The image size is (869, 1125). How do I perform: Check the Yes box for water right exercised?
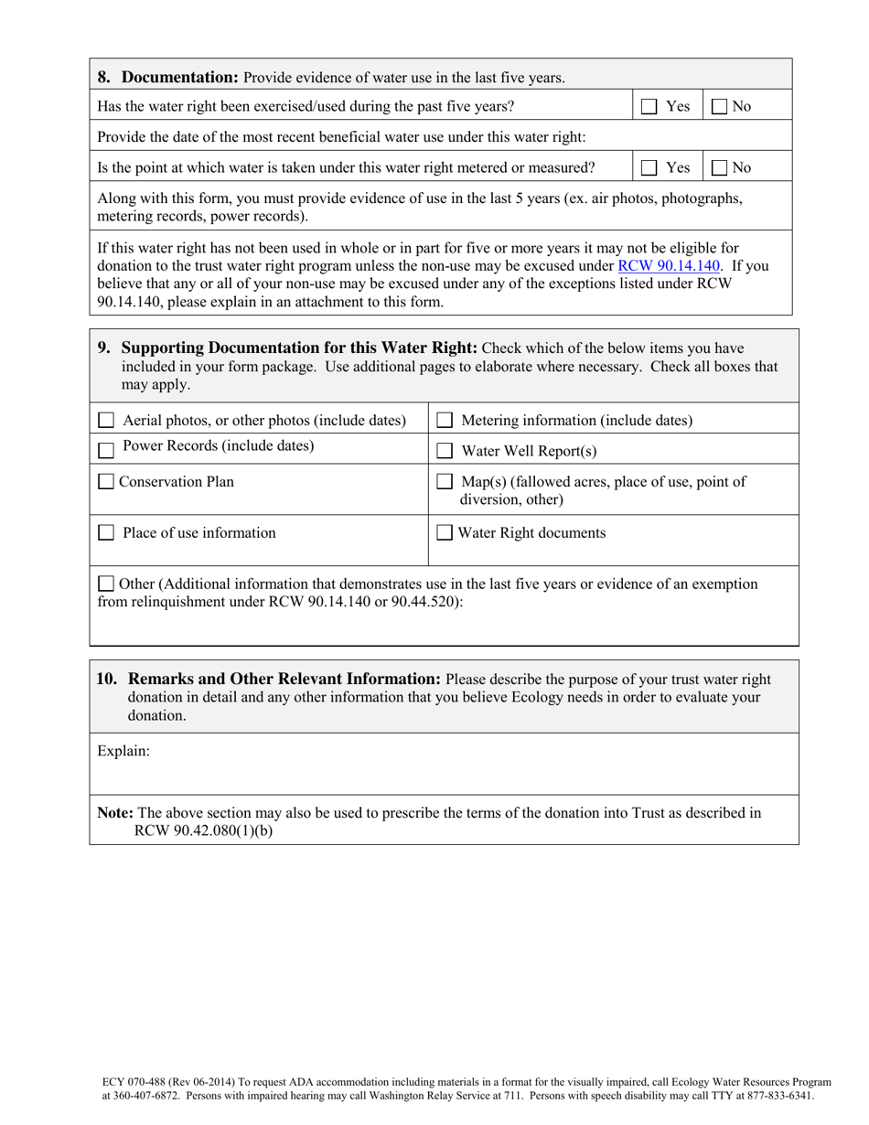(x=649, y=107)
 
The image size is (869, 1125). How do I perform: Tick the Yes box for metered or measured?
(x=649, y=168)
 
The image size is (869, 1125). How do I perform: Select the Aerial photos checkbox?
(x=106, y=421)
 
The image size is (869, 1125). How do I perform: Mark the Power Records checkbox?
(x=106, y=449)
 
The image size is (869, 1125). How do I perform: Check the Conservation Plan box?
(x=105, y=482)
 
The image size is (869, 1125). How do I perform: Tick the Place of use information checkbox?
(x=106, y=533)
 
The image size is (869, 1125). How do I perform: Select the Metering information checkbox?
(x=445, y=421)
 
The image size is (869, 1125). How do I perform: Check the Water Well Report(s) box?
(x=445, y=451)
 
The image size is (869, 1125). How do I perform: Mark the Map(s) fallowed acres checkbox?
(x=445, y=482)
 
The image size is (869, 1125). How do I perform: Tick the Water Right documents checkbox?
(x=445, y=533)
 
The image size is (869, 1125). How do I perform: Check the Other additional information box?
(x=106, y=584)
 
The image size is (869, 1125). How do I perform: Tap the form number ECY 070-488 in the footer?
(x=131, y=1082)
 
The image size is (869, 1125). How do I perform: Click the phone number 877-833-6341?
(x=776, y=1095)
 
